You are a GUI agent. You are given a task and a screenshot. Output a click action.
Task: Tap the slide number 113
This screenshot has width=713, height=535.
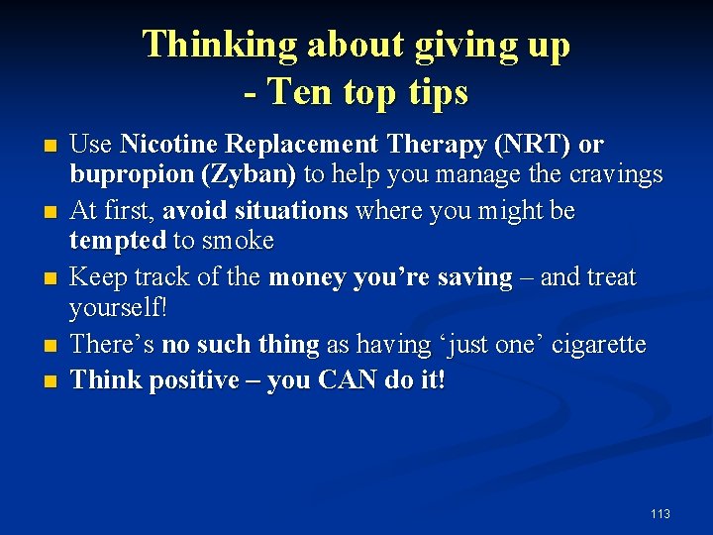[x=661, y=513]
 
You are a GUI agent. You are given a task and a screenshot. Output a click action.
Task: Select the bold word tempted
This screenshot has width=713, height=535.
[x=117, y=241]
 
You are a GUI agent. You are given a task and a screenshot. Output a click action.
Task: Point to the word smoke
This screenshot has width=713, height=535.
[x=238, y=241]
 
